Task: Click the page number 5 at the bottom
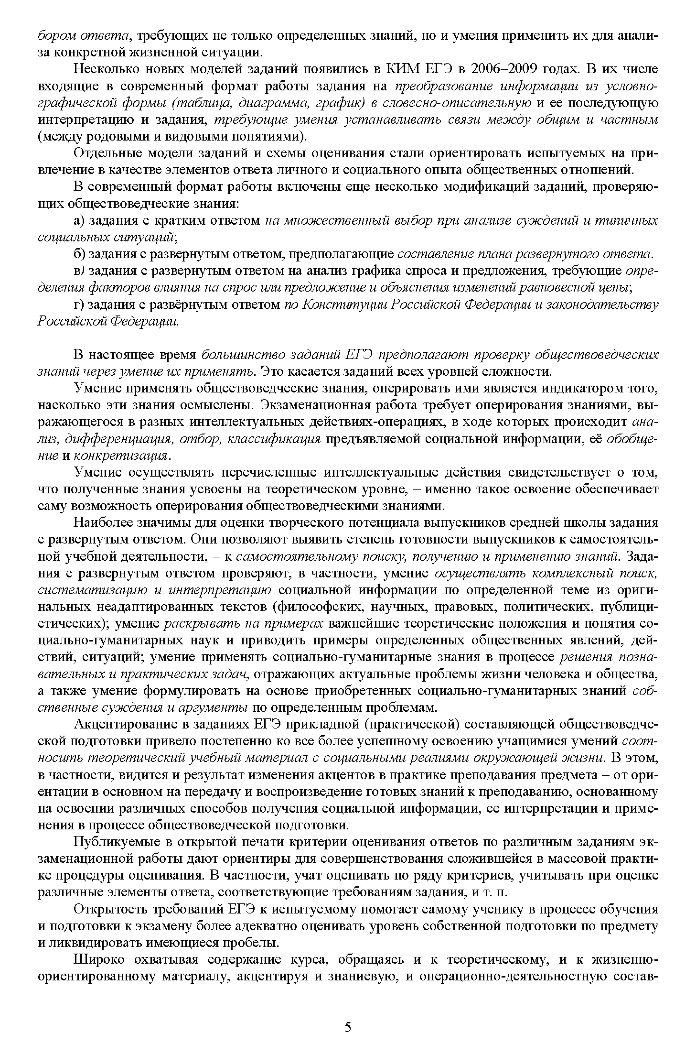coord(348,1026)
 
